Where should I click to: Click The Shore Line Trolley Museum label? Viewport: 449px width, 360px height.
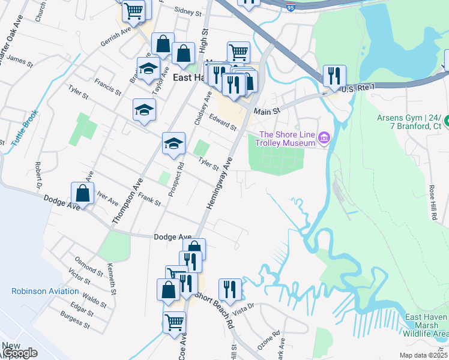coord(286,139)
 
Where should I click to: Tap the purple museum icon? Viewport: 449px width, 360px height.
coord(324,139)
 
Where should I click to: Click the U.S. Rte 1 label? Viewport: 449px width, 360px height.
coord(357,88)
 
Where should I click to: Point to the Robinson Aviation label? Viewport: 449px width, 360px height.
coord(45,292)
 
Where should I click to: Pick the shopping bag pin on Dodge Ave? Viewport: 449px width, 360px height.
coord(83,193)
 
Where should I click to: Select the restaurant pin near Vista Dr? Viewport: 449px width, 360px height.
coord(230,289)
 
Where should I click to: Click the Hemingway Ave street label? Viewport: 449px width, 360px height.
coord(219,184)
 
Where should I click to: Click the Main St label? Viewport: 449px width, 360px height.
coord(267,112)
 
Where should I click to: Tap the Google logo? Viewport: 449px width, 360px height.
coord(20,353)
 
